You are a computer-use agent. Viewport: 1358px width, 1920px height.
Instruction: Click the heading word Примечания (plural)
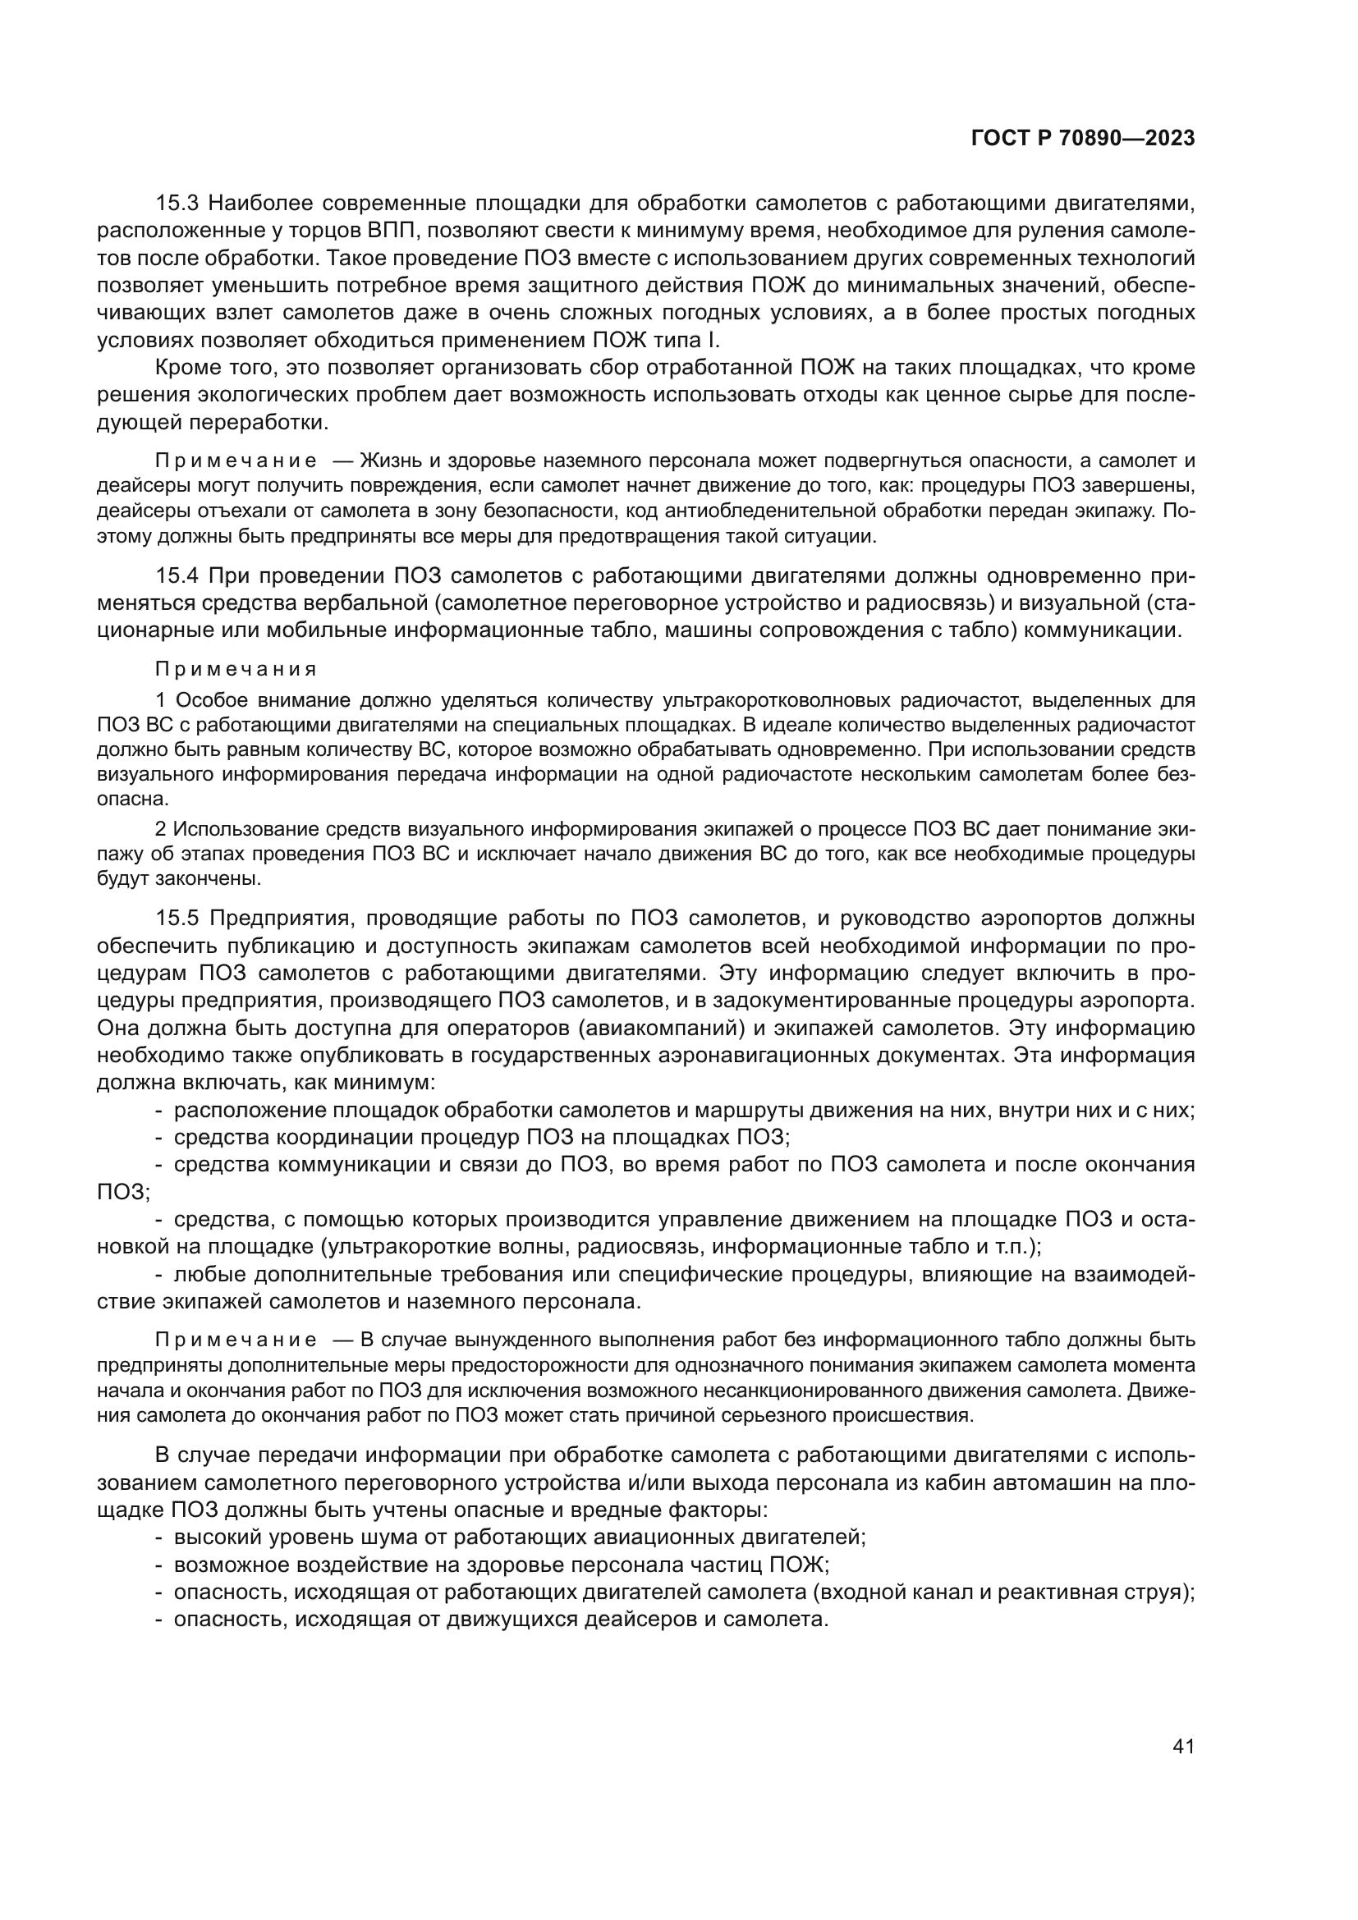pos(236,670)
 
